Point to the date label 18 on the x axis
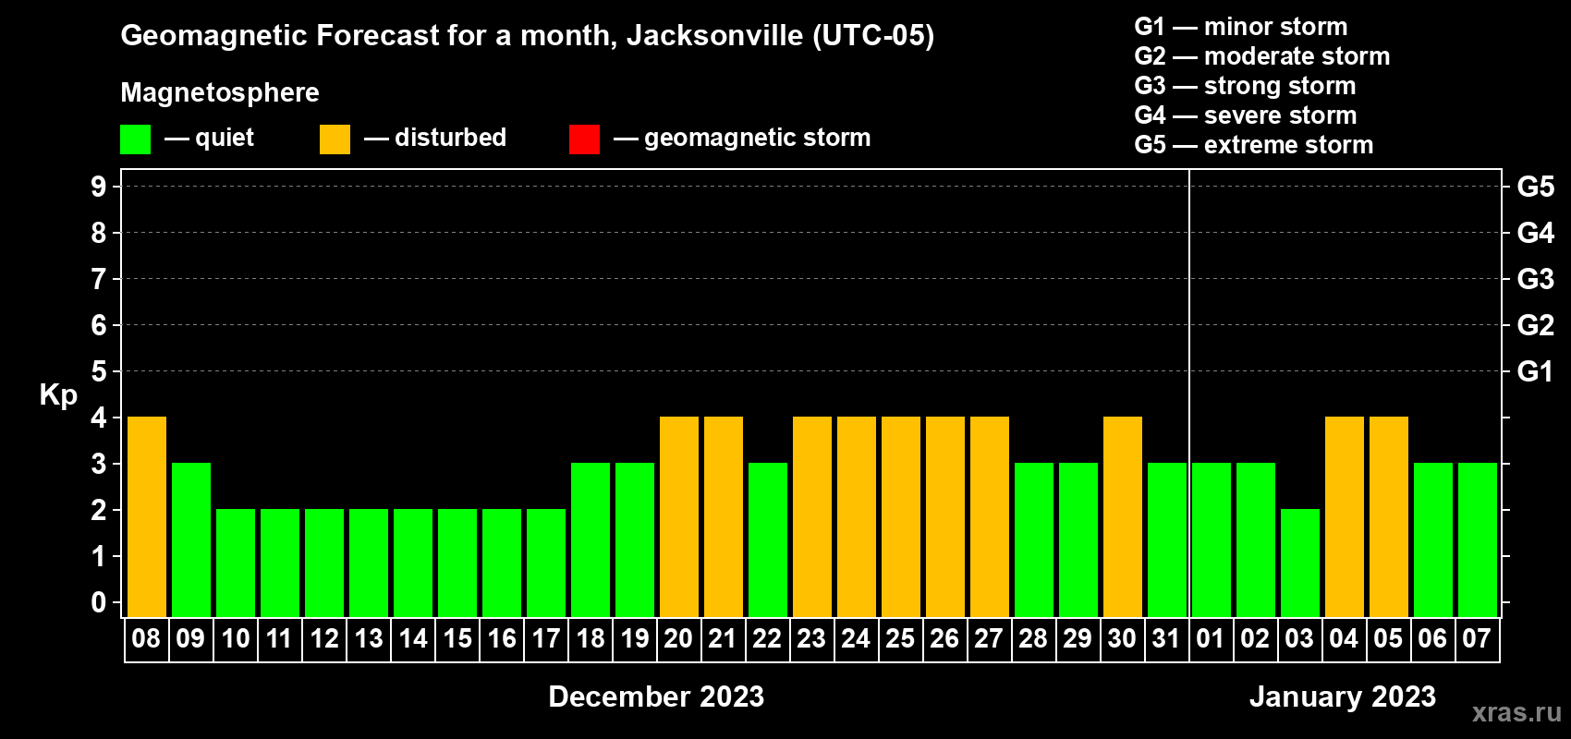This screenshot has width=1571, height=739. click(x=591, y=638)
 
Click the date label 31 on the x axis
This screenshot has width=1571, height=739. click(x=1166, y=638)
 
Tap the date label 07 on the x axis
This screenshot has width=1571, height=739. click(x=1477, y=638)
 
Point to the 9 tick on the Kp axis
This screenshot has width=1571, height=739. click(x=99, y=187)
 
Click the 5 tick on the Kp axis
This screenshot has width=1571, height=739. click(x=99, y=371)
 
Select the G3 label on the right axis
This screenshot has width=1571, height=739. click(x=1535, y=279)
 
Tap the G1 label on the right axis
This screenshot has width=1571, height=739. click(x=1535, y=371)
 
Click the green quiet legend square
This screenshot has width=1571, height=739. click(x=136, y=139)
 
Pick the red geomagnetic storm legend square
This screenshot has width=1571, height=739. click(x=584, y=139)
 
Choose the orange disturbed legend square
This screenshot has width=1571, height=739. click(x=335, y=139)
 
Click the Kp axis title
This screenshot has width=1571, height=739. click(x=58, y=395)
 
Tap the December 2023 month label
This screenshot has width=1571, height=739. click(x=656, y=697)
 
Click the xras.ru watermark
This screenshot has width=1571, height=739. click(x=1516, y=712)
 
